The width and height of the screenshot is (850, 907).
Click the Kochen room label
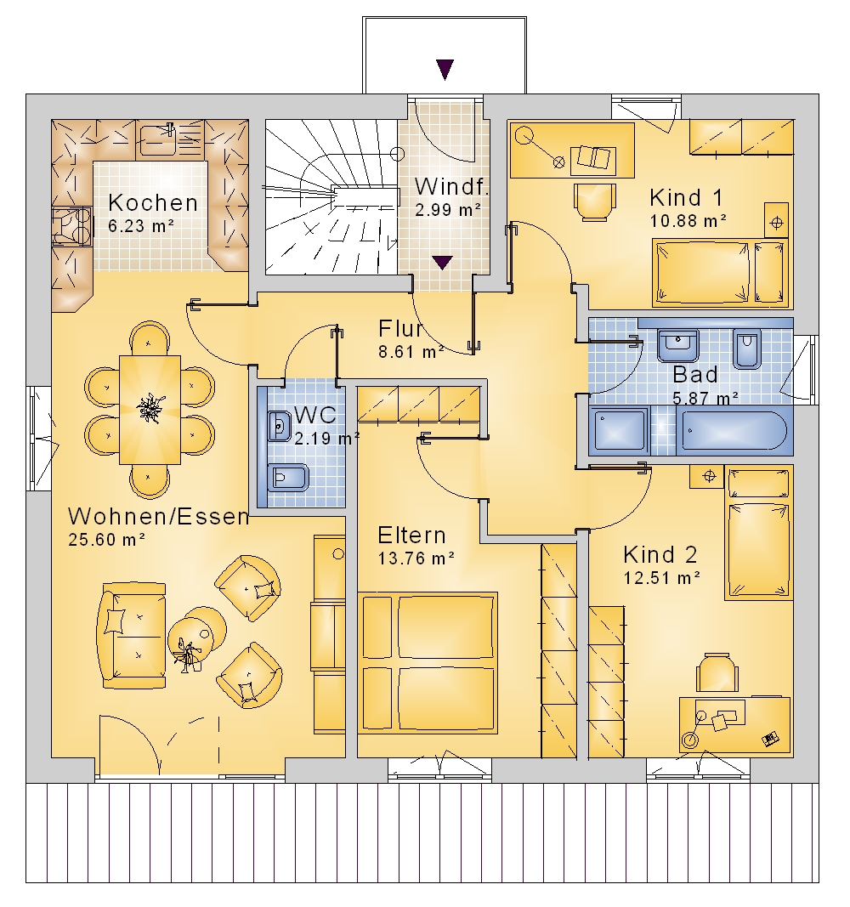[x=153, y=203]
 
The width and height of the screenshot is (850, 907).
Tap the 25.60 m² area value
[x=106, y=540]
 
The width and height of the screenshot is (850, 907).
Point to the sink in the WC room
[x=280, y=427]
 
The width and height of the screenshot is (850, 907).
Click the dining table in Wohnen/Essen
[x=150, y=410]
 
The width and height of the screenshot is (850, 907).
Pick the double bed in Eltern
[x=428, y=663]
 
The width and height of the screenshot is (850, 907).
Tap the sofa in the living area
[x=132, y=635]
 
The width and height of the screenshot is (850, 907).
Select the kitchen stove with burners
[x=71, y=227]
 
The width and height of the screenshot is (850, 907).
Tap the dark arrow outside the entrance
[x=445, y=70]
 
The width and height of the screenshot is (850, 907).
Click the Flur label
[x=400, y=329]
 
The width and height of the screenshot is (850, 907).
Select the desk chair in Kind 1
[x=594, y=201]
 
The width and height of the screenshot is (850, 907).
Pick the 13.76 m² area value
[x=416, y=558]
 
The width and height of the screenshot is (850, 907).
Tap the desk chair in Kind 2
[x=717, y=672]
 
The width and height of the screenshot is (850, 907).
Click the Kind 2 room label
[x=660, y=555]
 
